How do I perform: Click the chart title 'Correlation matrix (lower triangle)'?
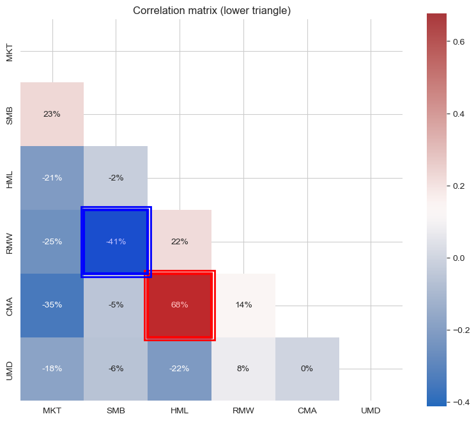(x=211, y=11)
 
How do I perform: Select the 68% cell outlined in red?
(x=180, y=305)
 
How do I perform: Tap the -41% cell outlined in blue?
(x=116, y=242)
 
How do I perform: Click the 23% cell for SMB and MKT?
(x=52, y=114)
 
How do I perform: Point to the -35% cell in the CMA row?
(x=52, y=305)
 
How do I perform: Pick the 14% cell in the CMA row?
(x=243, y=305)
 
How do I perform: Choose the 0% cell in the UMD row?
(x=307, y=369)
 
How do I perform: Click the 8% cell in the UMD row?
(x=243, y=369)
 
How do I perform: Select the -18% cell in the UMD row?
(x=52, y=369)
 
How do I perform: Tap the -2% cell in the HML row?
(x=116, y=178)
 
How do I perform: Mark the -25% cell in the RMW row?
(x=52, y=242)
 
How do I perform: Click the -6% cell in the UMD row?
(x=116, y=369)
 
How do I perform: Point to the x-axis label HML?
(x=180, y=410)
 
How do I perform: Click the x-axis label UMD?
(x=371, y=410)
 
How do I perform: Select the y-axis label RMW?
(x=10, y=242)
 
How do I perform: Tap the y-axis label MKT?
(x=10, y=51)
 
